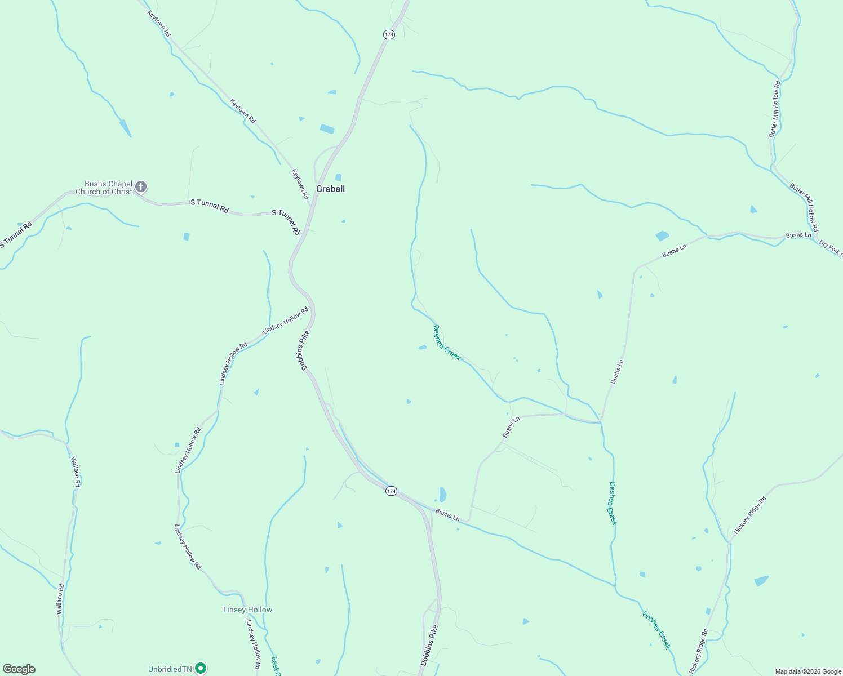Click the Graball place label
(330, 189)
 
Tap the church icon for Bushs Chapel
(141, 186)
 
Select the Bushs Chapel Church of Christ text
(104, 188)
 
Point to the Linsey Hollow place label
(247, 610)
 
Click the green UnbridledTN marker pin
(200, 669)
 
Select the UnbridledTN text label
(170, 669)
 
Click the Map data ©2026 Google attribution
(807, 671)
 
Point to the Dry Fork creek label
(831, 248)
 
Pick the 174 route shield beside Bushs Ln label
(391, 491)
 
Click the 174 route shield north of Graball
(389, 34)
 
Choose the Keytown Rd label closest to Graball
(300, 184)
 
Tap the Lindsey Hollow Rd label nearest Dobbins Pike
(286, 321)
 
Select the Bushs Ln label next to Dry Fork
(798, 235)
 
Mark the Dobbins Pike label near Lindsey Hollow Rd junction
(304, 350)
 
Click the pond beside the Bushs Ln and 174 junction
(442, 494)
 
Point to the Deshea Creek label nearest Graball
(446, 343)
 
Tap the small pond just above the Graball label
(338, 177)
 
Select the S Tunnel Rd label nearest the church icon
(209, 206)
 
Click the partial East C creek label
(275, 665)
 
